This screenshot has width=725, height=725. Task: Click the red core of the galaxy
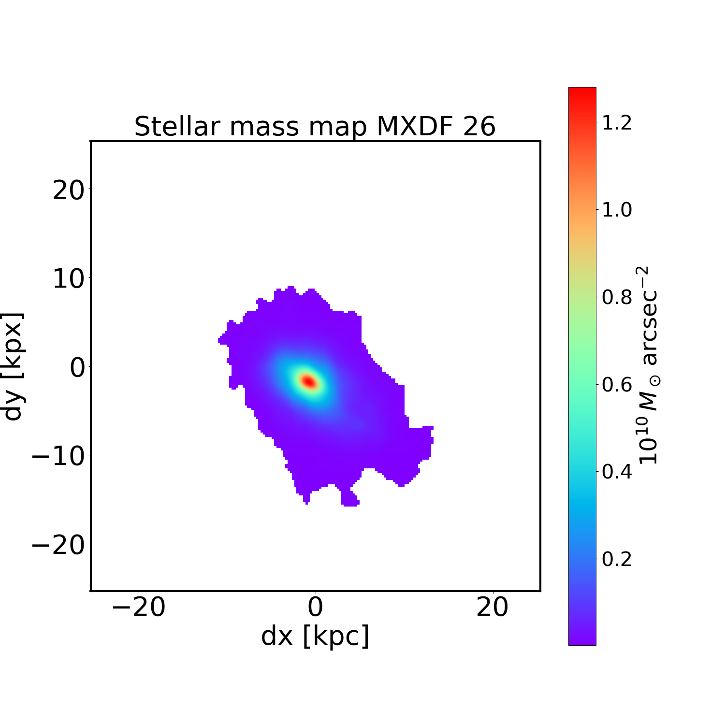(308, 381)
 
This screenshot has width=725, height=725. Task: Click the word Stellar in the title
(178, 127)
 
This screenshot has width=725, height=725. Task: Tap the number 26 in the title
(479, 127)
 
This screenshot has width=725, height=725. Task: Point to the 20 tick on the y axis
(68, 191)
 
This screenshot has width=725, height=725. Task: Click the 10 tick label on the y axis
(68, 279)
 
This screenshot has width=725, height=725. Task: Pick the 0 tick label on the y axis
(77, 368)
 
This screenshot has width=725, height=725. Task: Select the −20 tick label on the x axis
(138, 607)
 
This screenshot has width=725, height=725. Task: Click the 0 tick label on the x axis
(315, 607)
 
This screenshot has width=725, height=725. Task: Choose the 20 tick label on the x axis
(492, 607)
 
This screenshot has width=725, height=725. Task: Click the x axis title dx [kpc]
(315, 636)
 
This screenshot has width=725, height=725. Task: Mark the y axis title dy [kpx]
(13, 366)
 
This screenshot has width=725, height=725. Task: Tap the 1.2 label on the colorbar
(617, 123)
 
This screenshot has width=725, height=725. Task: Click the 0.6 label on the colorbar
(617, 385)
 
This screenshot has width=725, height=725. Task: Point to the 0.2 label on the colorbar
(617, 559)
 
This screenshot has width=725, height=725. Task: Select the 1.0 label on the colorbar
(617, 210)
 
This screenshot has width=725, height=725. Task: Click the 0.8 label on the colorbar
(617, 297)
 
